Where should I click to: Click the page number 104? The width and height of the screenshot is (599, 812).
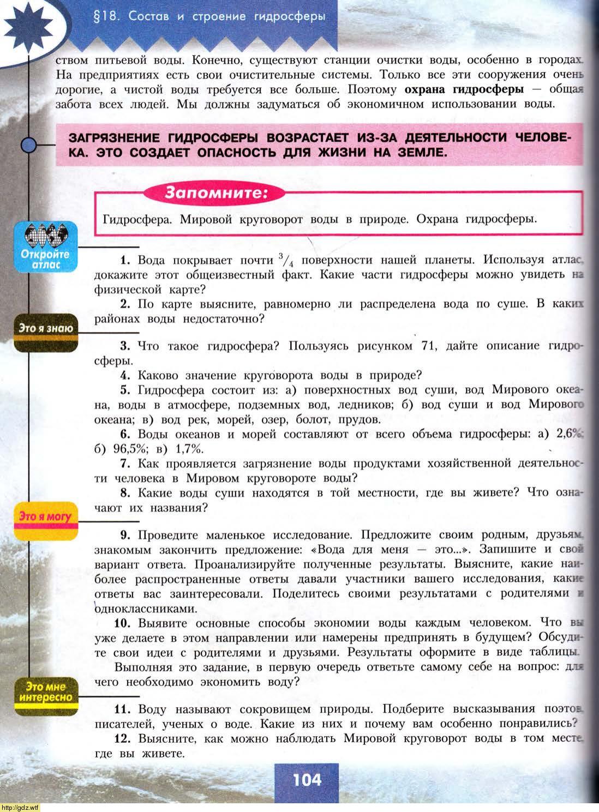pos(307,780)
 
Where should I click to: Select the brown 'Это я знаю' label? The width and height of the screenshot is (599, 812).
pos(46,329)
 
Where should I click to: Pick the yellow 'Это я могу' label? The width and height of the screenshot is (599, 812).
pos(46,516)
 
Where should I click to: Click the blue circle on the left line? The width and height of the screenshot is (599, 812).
pos(28,145)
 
